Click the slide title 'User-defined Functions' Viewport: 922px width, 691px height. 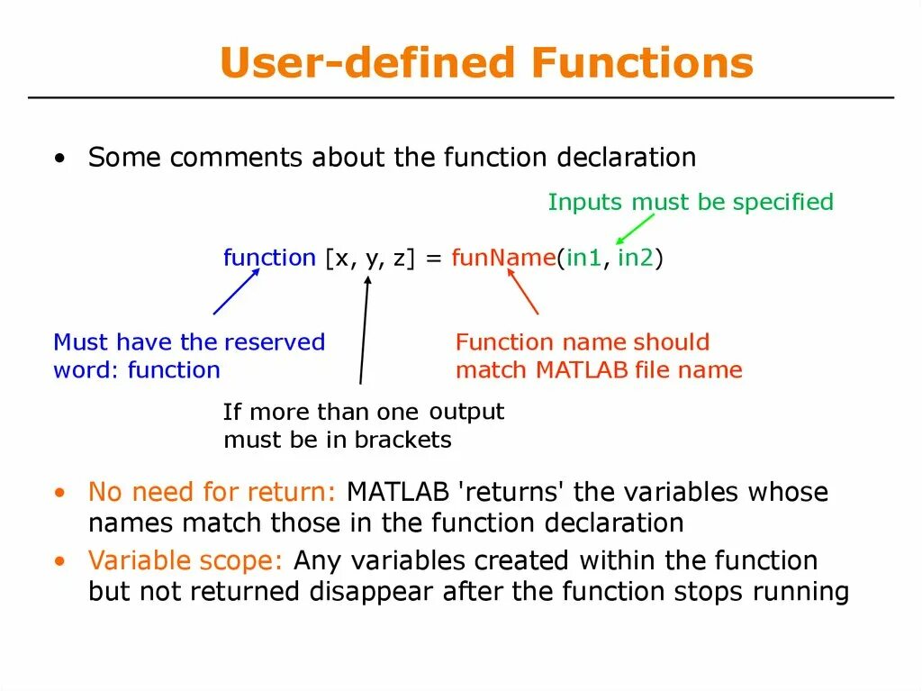click(x=486, y=64)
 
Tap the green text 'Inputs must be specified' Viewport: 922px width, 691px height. click(x=691, y=202)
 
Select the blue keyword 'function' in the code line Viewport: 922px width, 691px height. click(x=269, y=258)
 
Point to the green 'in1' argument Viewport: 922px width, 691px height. click(x=582, y=258)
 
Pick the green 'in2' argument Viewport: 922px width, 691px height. click(x=636, y=258)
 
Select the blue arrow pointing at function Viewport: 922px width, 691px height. click(x=236, y=291)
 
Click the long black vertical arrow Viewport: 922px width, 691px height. click(x=364, y=330)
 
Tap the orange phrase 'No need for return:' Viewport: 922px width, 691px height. click(x=212, y=493)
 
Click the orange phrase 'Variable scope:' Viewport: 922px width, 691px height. click(x=186, y=561)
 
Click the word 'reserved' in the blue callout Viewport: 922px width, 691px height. click(x=274, y=342)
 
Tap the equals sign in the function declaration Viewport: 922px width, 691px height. click(x=433, y=258)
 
